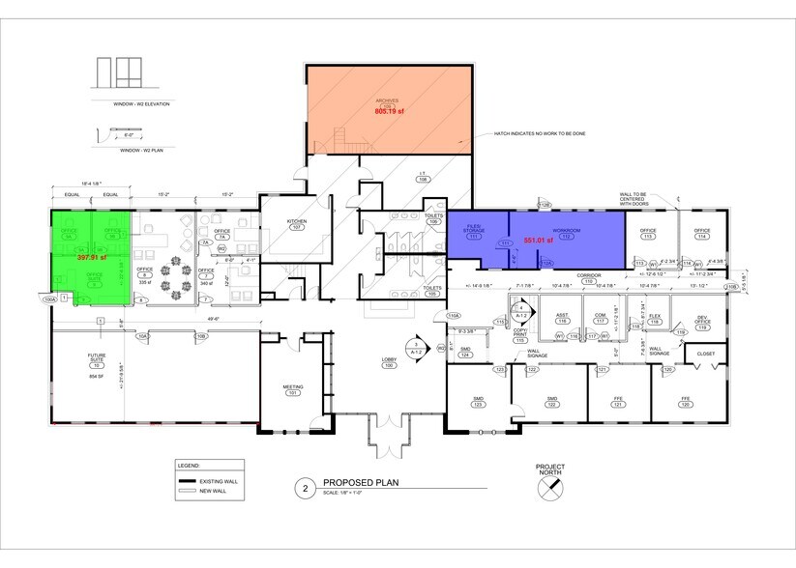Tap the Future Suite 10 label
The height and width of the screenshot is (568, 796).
96,362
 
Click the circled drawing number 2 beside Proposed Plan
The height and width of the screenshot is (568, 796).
306,489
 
